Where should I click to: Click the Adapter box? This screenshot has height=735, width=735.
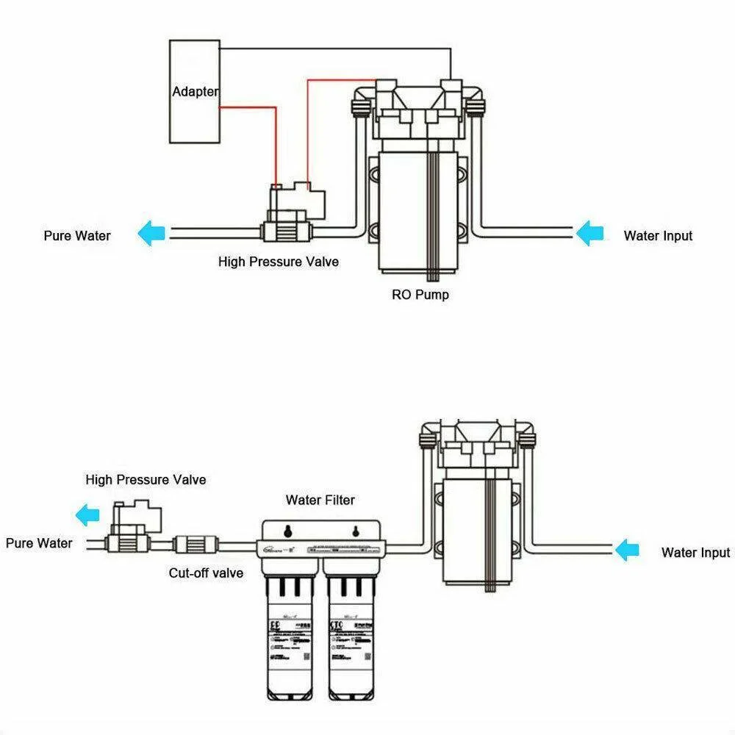[x=195, y=91]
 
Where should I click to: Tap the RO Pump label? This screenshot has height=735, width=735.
[x=420, y=295]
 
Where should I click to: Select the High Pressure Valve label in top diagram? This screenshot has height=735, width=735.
[x=279, y=262]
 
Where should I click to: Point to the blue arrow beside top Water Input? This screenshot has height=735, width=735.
[x=589, y=235]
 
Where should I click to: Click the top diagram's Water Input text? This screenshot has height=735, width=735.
[x=658, y=236]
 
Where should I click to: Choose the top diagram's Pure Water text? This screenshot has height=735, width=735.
[x=77, y=236]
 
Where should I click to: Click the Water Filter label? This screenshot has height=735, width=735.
[x=320, y=501]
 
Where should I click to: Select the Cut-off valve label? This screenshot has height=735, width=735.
[x=206, y=573]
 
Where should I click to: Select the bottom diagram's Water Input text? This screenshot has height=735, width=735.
[x=695, y=553]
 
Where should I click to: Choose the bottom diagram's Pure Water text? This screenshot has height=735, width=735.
[x=39, y=543]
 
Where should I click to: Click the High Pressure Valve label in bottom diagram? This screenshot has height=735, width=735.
[x=146, y=480]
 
